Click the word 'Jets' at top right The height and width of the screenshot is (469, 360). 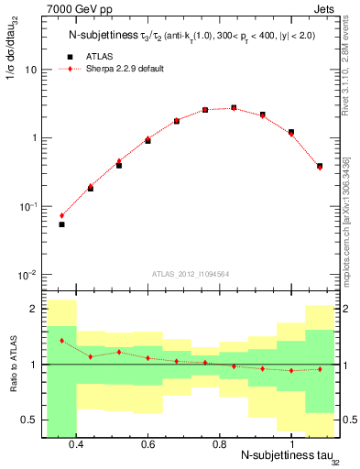(326, 12)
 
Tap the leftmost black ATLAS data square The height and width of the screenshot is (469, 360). (61, 224)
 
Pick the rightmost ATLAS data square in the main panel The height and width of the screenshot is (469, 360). (320, 166)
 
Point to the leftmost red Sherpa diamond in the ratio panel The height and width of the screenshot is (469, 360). (61, 341)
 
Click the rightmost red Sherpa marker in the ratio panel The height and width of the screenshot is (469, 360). (320, 369)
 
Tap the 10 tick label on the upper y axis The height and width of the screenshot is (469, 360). (31, 70)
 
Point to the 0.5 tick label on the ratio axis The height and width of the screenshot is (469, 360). (27, 420)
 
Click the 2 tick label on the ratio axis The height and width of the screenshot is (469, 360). (32, 309)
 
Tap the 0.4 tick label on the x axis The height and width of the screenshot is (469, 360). (76, 444)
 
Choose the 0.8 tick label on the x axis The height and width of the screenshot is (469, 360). (219, 444)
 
